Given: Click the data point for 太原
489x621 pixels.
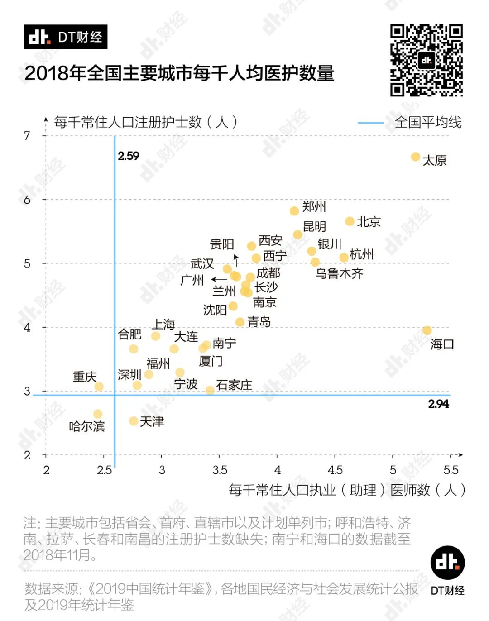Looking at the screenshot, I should click(x=415, y=157).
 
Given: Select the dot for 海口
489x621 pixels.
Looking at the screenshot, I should click(x=427, y=330).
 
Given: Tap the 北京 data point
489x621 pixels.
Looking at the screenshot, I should click(x=350, y=221).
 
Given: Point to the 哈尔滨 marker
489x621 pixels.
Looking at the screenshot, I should click(x=98, y=414).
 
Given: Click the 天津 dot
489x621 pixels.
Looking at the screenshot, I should click(x=134, y=421).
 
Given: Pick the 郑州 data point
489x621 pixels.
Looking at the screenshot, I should click(x=294, y=210).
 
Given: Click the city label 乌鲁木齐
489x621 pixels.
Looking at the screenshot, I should click(x=339, y=273).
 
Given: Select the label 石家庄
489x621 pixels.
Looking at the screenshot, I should click(x=234, y=385).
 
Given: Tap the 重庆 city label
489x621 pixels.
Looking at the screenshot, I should click(x=85, y=377).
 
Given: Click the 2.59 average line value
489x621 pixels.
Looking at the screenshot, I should click(x=129, y=156).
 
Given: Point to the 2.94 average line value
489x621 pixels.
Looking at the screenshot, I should click(x=438, y=404).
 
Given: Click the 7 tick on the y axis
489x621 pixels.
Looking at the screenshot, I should click(x=27, y=135).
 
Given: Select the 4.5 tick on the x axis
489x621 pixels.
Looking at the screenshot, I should click(x=335, y=470).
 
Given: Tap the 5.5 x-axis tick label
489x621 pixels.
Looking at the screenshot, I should click(x=451, y=470).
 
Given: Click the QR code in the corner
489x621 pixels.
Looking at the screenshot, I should click(x=426, y=60).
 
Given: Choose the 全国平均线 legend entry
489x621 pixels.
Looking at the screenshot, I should click(x=428, y=122).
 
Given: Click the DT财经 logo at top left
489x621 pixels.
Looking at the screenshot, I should click(x=66, y=37).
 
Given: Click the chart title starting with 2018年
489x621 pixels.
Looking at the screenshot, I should click(x=179, y=73).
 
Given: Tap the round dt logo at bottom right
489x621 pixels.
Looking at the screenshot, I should click(x=447, y=563).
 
